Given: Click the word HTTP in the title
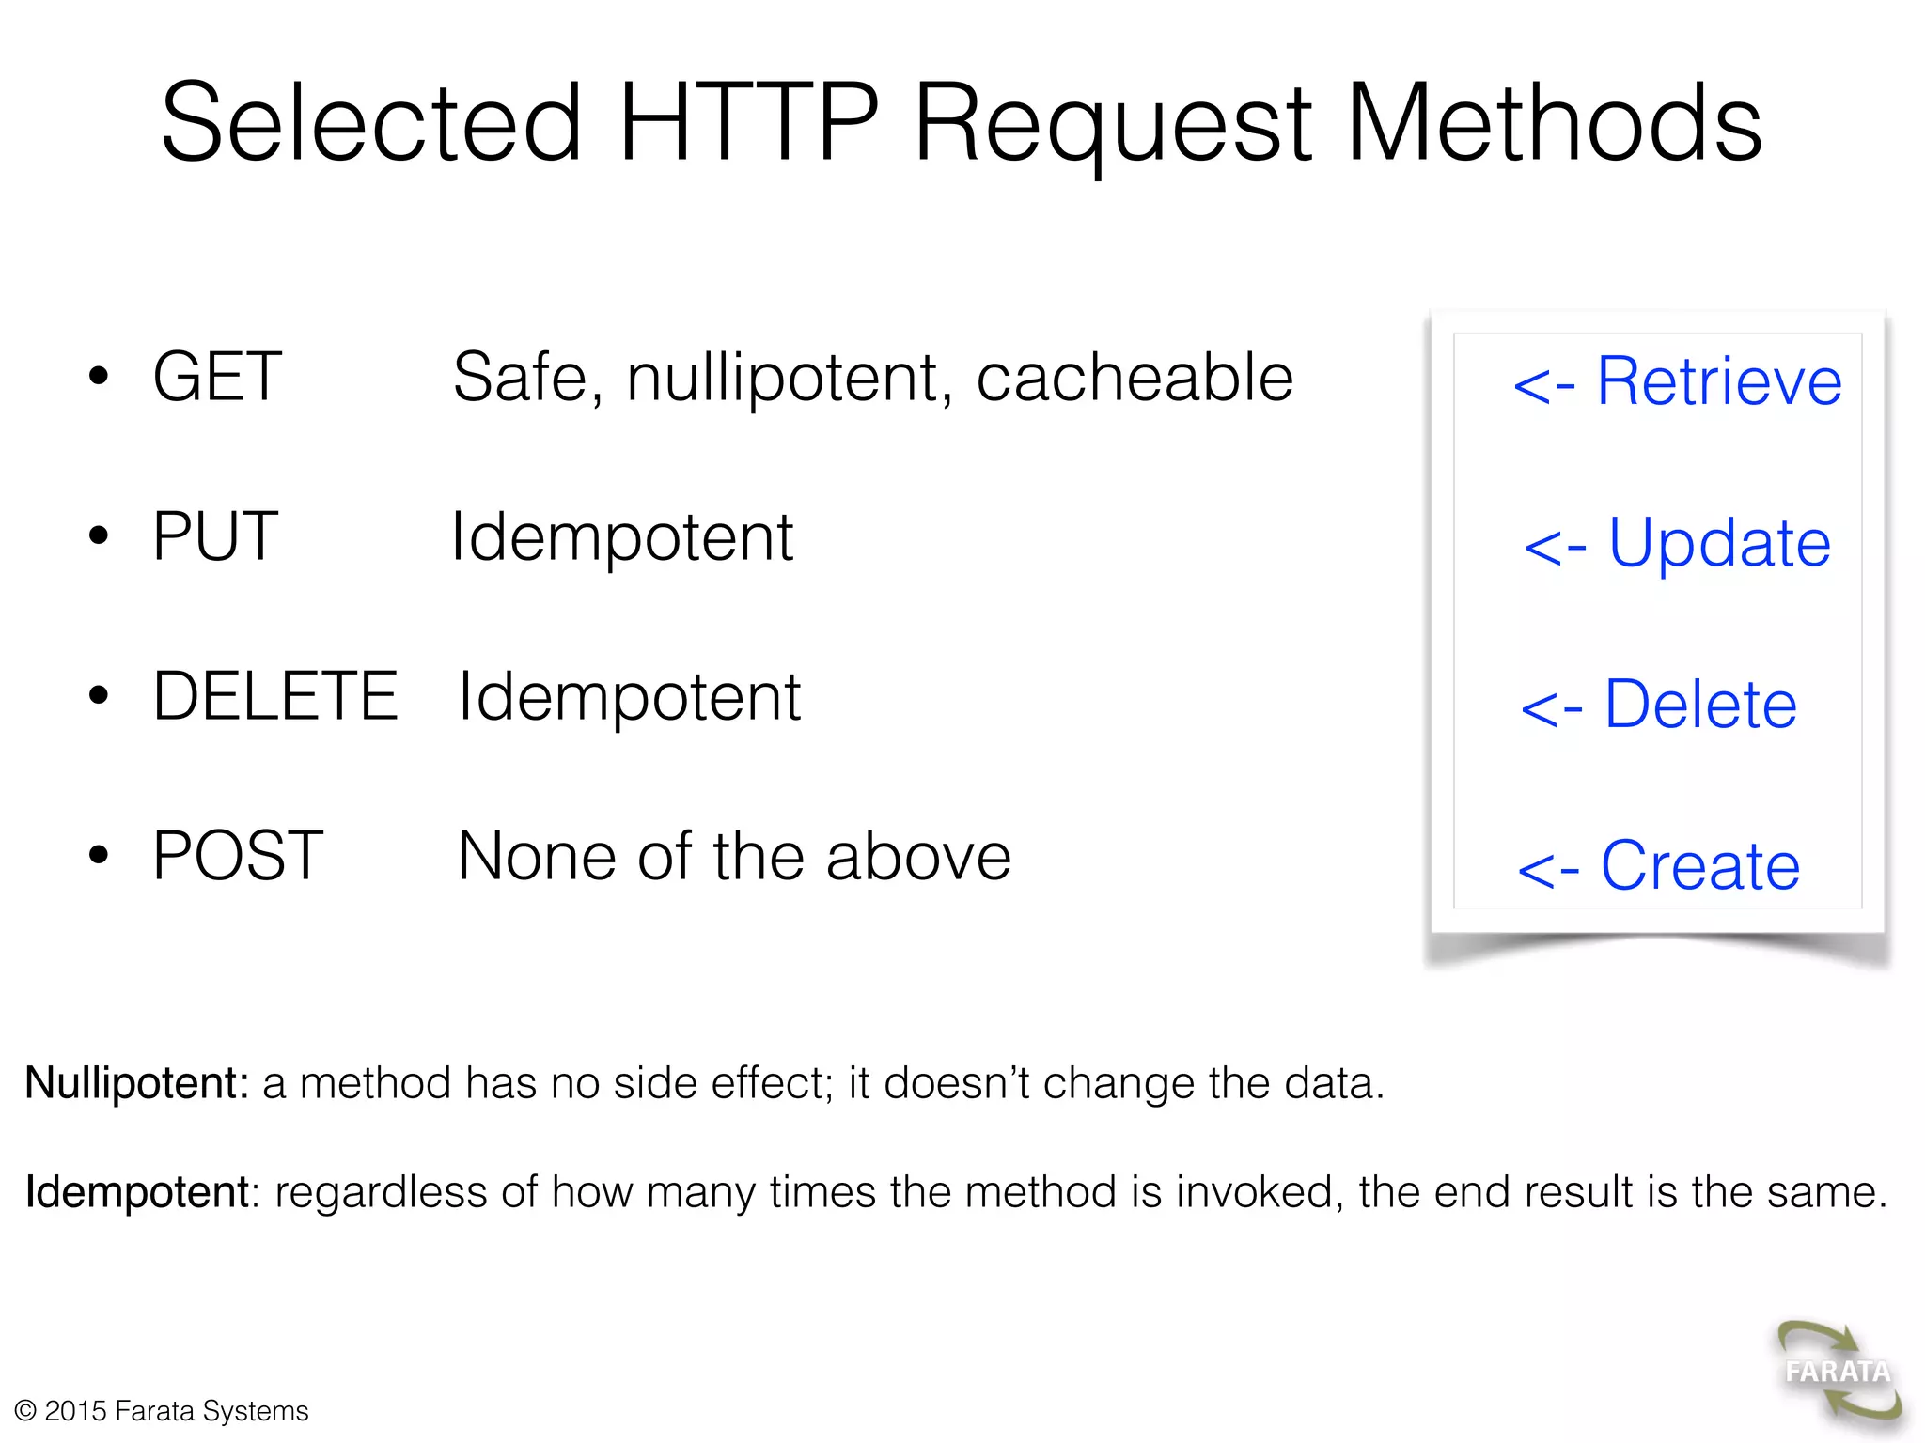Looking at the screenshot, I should (748, 123).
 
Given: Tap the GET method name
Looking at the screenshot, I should (217, 377).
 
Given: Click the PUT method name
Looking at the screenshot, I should (215, 536).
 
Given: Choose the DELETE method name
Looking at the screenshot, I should (275, 696).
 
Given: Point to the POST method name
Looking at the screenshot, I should (238, 856).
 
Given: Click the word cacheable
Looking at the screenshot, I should (1135, 378).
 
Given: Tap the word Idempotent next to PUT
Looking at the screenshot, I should (622, 537).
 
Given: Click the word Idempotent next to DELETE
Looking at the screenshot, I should (629, 697).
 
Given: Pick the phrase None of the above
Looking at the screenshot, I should (734, 857).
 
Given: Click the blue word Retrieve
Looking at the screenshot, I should (1719, 381).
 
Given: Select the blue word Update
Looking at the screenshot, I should (1719, 543).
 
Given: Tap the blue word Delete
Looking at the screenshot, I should (1700, 705).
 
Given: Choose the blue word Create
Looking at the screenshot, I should (1700, 865).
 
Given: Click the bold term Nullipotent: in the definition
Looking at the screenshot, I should (137, 1083).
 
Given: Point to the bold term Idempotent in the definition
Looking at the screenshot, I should (137, 1192).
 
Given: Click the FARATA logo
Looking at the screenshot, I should (1838, 1373).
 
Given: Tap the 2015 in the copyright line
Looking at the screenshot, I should (75, 1411).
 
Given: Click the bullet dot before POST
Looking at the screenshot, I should (99, 856).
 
